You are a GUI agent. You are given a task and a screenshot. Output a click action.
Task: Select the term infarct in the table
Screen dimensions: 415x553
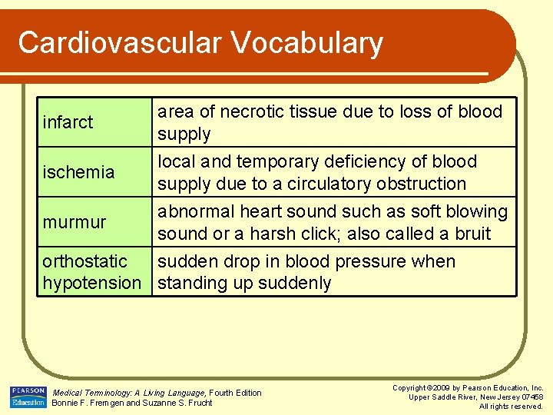point(68,122)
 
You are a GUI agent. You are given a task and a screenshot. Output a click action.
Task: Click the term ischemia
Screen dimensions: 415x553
point(78,172)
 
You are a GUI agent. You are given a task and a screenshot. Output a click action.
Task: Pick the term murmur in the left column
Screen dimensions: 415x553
point(75,222)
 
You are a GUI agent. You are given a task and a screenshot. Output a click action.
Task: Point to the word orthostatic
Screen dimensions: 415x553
point(84,261)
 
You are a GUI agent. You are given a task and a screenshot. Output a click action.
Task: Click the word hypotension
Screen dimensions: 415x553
point(91,284)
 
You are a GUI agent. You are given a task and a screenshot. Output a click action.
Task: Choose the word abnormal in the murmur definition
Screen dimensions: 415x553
point(192,211)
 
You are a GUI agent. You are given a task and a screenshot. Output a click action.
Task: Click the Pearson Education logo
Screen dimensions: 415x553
point(28,397)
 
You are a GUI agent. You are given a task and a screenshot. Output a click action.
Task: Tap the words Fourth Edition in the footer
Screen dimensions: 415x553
point(235,393)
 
